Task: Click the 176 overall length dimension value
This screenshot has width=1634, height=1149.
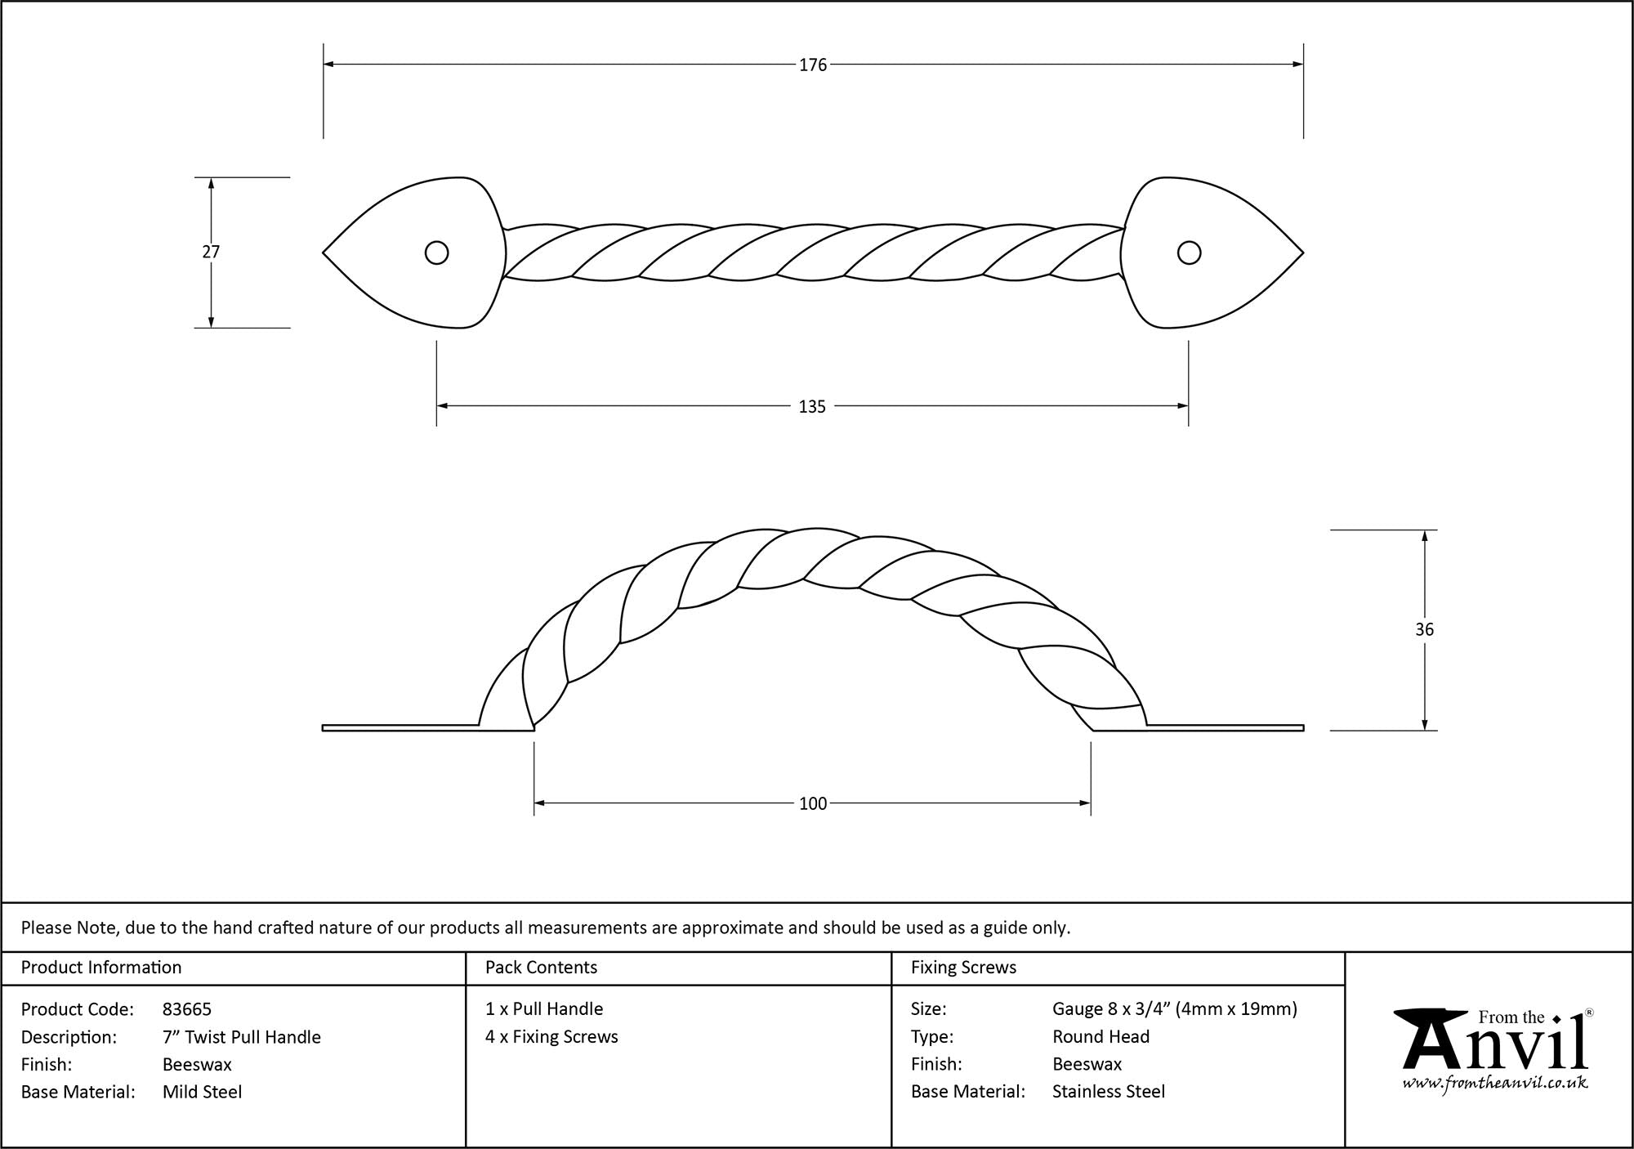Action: coord(813,65)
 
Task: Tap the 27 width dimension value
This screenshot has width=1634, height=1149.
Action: coord(211,252)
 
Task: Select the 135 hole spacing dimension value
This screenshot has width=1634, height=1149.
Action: coord(812,406)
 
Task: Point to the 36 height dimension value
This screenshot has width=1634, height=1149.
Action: coord(1424,629)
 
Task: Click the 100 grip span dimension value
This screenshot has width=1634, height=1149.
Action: coord(813,803)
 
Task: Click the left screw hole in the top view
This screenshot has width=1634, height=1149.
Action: coord(436,253)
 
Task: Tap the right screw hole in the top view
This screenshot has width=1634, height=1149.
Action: coord(1189,253)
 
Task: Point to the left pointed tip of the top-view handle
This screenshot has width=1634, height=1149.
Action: coord(324,253)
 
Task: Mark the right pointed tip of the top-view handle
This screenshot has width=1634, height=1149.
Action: coord(1303,253)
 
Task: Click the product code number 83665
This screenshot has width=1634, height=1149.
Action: coord(187,1009)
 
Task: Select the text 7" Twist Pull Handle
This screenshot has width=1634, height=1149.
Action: coord(242,1037)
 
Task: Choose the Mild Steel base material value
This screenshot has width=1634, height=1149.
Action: coord(202,1092)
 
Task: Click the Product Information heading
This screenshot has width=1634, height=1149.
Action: coord(101,968)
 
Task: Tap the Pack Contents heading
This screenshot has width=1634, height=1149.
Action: coord(541,968)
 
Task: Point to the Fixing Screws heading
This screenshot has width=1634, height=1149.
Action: coord(963,968)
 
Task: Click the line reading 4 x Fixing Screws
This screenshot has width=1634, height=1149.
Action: coord(551,1037)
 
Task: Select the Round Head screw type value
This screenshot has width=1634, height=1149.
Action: coord(1100,1037)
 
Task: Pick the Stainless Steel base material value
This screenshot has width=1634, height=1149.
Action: coord(1109,1092)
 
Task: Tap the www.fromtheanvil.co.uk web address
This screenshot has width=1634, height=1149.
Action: coord(1495,1083)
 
